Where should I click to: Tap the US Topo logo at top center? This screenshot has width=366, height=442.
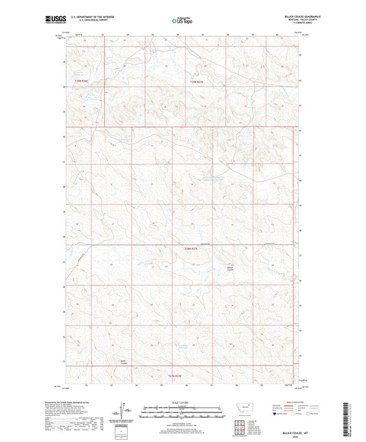tap(182, 21)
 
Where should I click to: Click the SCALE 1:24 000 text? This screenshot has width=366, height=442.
tap(182, 402)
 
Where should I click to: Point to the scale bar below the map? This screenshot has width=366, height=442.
tap(182, 414)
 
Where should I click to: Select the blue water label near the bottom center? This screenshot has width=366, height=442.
tap(179, 345)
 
